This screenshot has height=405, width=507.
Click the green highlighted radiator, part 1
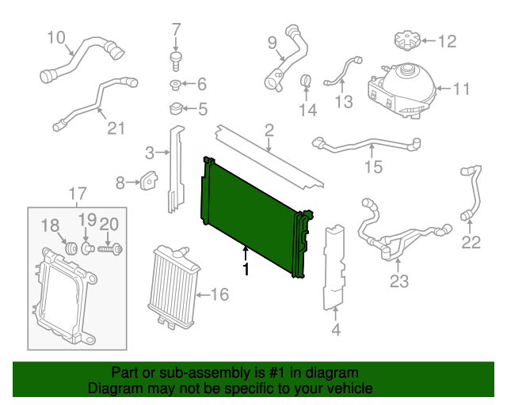(250, 214)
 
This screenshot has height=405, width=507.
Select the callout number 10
(55, 36)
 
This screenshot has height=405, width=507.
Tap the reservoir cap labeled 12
(403, 40)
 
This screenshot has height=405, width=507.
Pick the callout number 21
(116, 127)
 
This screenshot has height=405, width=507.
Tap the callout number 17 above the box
(77, 193)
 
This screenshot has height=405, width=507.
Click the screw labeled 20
(109, 250)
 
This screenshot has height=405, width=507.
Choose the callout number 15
(373, 166)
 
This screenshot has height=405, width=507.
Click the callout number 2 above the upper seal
(269, 129)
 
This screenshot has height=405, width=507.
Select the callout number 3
(148, 152)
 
